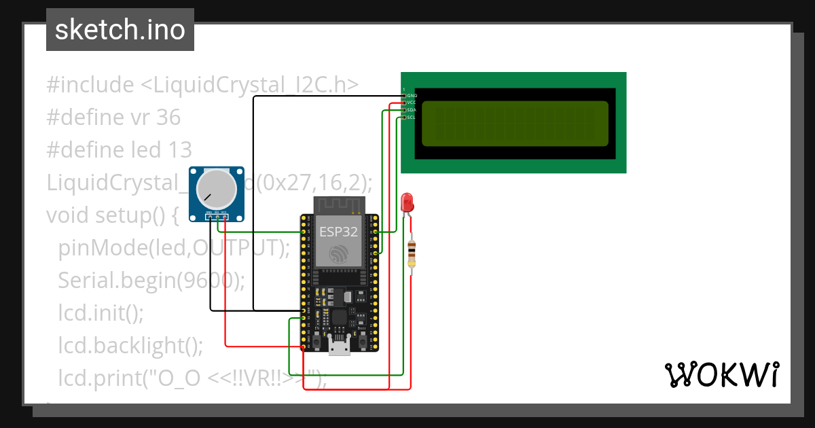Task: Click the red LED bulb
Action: pyautogui.click(x=407, y=202)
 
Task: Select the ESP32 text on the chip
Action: pyautogui.click(x=339, y=231)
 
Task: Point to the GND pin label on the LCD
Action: pyautogui.click(x=412, y=96)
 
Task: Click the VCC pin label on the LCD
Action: pyautogui.click(x=412, y=103)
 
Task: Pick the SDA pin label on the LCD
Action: pyautogui.click(x=412, y=110)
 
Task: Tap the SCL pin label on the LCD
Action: pyautogui.click(x=412, y=118)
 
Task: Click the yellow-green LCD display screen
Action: pyautogui.click(x=515, y=123)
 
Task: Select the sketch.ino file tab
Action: pyautogui.click(x=120, y=30)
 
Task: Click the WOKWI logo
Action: pyautogui.click(x=721, y=374)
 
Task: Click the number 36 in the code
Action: pyautogui.click(x=168, y=118)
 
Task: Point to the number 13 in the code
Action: pyautogui.click(x=180, y=149)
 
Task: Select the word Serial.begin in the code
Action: pyautogui.click(x=115, y=280)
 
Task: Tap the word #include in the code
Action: pyautogui.click(x=90, y=86)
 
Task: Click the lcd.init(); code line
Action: pyautogui.click(x=101, y=313)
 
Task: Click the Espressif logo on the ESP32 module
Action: pyautogui.click(x=339, y=255)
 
